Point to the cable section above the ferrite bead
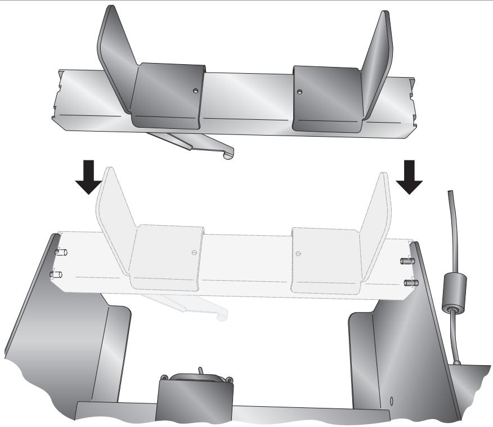[x=450, y=225]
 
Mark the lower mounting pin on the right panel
[x=407, y=281]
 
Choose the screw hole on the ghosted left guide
[x=194, y=251]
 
